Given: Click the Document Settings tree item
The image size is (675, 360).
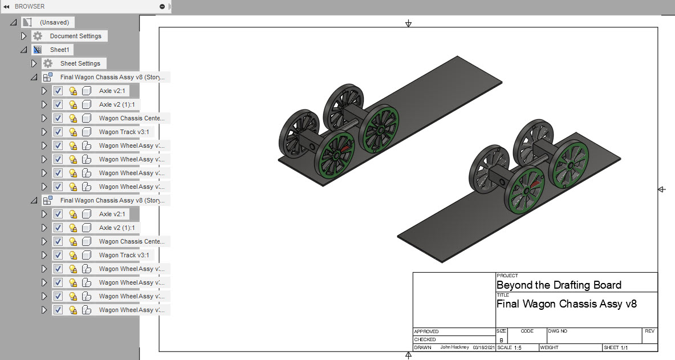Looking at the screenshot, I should tap(75, 36).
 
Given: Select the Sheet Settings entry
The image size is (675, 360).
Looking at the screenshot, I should tap(80, 63).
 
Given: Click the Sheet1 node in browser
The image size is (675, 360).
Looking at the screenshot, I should tap(59, 50).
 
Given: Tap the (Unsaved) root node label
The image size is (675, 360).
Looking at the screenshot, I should tap(54, 22).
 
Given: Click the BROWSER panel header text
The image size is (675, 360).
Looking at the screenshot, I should tap(30, 6).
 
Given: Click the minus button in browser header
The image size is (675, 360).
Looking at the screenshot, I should tap(162, 6).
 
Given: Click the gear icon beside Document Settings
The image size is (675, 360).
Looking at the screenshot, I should tap(38, 36).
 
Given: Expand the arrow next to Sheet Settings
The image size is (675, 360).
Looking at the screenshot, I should tap(34, 63).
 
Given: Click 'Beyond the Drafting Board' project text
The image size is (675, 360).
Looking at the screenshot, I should tap(559, 285).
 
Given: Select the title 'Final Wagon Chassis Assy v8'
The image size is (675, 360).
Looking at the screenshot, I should tap(567, 304).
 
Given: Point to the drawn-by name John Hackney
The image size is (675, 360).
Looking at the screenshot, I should tap(454, 347).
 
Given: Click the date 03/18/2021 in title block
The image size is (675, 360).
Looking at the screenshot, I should tap(482, 347).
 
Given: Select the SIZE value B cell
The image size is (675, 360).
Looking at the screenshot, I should tap(501, 339).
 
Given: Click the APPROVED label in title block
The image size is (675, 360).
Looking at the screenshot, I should tap(427, 331).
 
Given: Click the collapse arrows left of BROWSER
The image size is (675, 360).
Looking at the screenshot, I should tap(6, 6).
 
